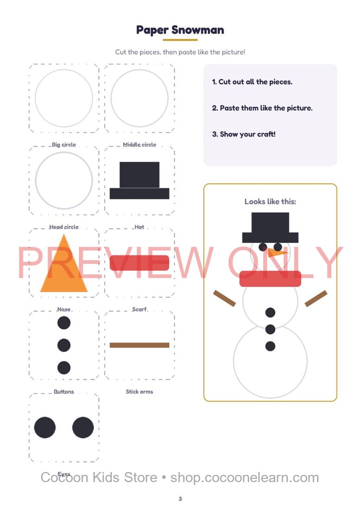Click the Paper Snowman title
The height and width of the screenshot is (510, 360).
180,30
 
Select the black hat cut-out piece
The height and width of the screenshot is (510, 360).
139,180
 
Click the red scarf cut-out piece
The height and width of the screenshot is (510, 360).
139,263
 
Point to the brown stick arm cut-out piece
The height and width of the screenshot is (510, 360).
139,345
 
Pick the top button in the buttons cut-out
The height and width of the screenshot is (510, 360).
63,323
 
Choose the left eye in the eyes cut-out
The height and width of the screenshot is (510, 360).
45,427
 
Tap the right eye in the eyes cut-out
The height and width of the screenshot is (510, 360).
83,427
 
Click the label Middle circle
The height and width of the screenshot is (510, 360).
139,144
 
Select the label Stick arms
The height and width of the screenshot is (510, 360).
139,392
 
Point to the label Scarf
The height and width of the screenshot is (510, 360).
139,309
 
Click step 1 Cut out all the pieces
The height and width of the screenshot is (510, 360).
252,82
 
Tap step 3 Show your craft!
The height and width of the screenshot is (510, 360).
244,134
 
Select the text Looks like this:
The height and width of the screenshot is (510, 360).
270,202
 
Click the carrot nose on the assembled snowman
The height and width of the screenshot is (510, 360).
278,252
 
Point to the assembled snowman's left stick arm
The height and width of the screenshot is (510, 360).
224,298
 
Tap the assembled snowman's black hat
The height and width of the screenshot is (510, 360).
270,228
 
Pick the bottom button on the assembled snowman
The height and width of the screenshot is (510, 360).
270,346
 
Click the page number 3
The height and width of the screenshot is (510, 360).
180,498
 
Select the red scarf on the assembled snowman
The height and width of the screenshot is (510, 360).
270,279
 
